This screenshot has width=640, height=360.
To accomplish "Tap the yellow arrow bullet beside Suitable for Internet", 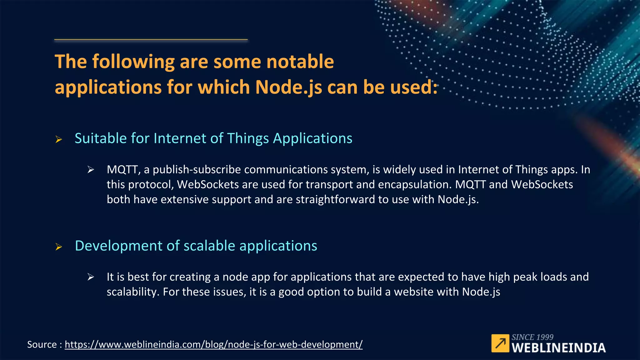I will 58,139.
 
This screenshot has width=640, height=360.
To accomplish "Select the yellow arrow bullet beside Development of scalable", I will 58,247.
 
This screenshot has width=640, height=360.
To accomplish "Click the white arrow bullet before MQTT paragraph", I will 91,170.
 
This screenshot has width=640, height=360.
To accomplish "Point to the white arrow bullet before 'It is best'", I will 91,277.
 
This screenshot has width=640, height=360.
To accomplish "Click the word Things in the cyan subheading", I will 248,138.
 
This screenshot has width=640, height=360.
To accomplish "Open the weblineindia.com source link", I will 213,344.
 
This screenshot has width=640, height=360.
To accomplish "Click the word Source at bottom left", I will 42,344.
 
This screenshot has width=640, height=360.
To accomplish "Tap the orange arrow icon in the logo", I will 500,343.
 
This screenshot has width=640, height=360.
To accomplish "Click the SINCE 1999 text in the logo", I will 532,337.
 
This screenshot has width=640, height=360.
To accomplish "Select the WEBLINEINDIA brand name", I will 558,348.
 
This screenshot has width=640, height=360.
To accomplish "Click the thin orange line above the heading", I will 151,40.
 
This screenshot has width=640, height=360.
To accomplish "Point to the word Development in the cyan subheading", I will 119,246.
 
